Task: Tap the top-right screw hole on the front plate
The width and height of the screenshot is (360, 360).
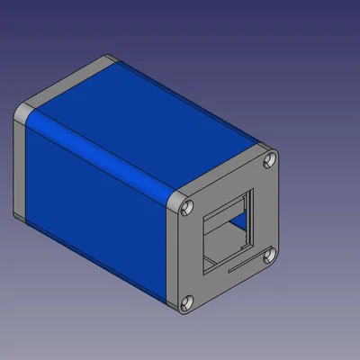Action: point(269,162)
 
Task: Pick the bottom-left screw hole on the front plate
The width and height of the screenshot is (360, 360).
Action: point(188,303)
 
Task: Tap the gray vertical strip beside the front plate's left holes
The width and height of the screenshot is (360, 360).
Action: point(177,256)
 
